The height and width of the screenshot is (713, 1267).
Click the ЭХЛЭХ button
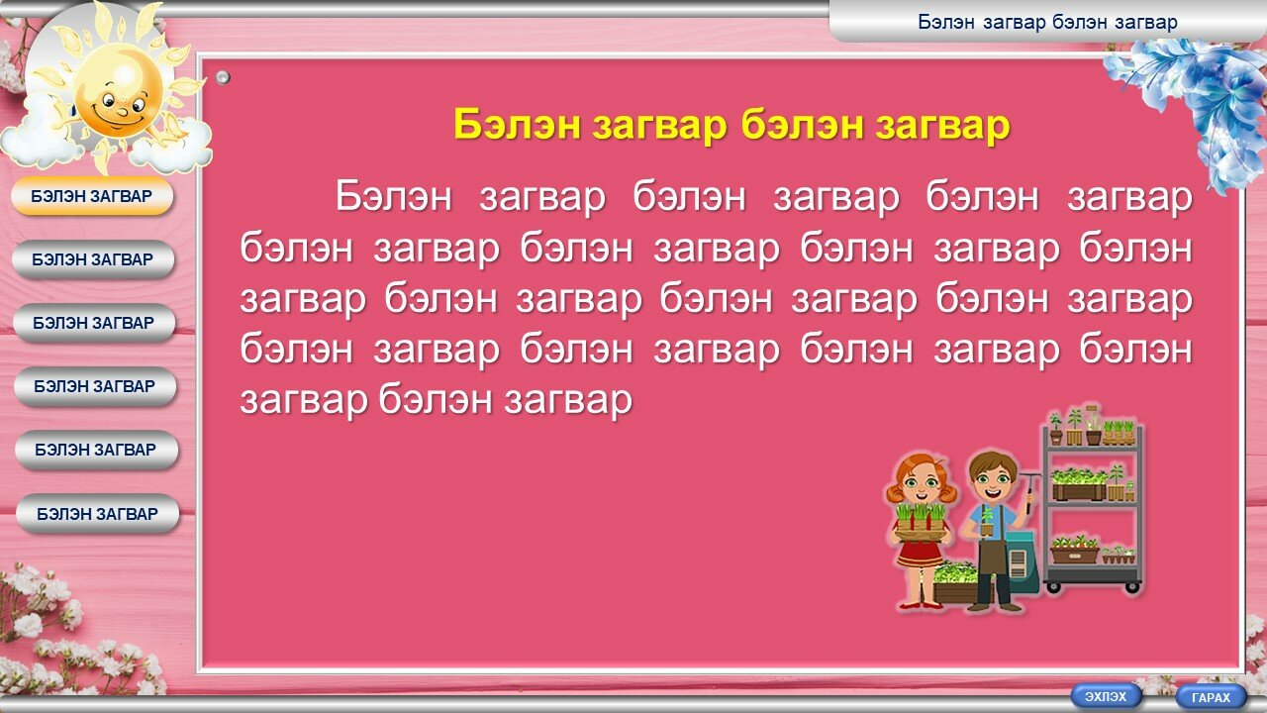(x=1106, y=696)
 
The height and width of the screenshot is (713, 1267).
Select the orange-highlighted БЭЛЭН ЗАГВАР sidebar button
(x=92, y=196)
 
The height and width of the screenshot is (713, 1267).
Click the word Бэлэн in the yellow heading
(x=517, y=125)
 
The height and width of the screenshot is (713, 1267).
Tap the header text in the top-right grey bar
(x=1047, y=22)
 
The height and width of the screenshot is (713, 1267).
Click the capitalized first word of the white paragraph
(x=394, y=196)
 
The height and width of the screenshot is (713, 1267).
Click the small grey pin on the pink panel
(x=223, y=77)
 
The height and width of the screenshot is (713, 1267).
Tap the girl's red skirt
(x=921, y=553)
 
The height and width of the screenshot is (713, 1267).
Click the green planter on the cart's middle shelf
(x=1079, y=485)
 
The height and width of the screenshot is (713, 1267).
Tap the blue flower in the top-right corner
(x=1194, y=102)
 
